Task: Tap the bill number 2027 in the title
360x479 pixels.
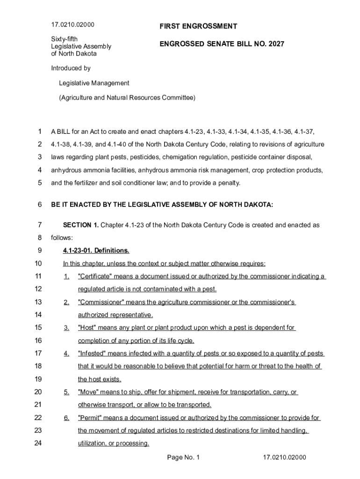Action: coord(275,44)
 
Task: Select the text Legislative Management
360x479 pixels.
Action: coord(94,83)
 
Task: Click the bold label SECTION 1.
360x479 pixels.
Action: coord(80,225)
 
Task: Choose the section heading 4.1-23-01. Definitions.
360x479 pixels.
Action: coord(96,250)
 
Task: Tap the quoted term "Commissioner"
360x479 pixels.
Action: coord(98,302)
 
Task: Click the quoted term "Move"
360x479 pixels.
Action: coord(88,392)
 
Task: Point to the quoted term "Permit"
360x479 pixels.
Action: coord(90,418)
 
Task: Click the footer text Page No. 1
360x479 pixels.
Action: coord(183,457)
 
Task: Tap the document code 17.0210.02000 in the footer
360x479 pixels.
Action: coord(284,457)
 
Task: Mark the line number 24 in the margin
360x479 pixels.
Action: coord(38,443)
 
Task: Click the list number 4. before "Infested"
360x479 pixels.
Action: coord(66,353)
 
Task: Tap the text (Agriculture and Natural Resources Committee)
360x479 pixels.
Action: coord(127,98)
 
